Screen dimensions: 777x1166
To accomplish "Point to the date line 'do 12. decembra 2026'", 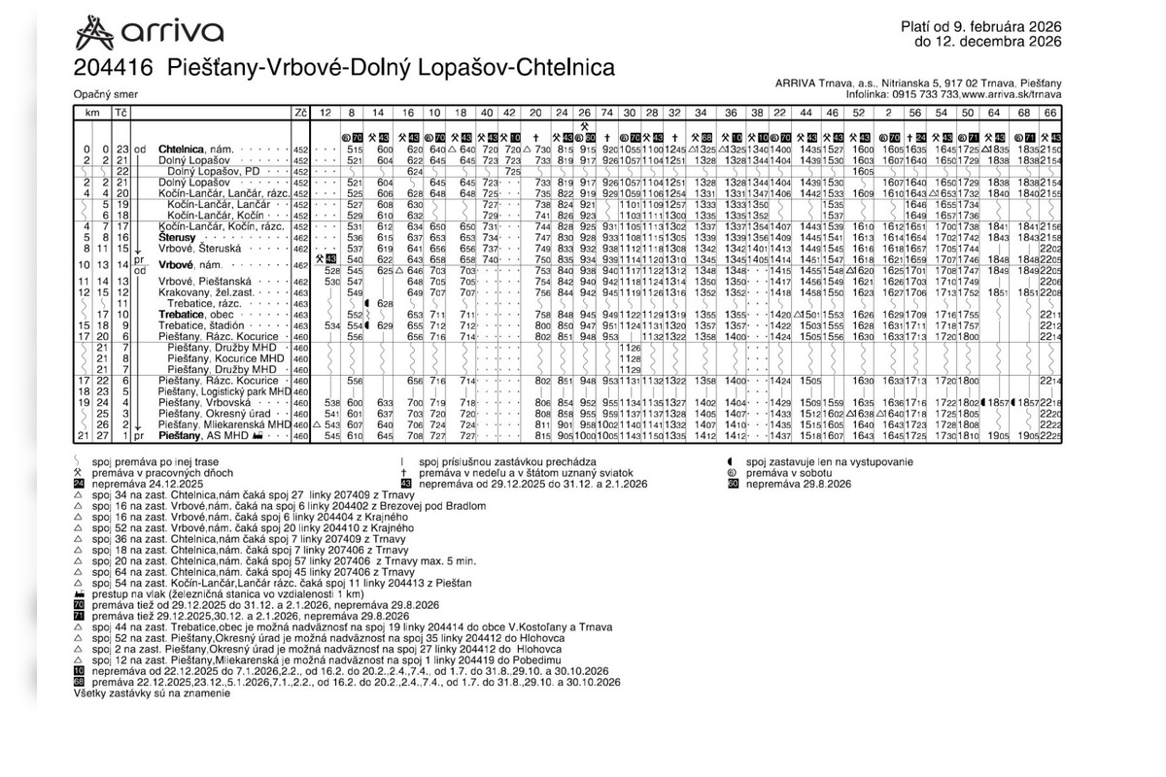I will pos(987,42).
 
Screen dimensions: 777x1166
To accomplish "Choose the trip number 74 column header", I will pos(607,113).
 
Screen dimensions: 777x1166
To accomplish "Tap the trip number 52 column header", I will pos(859,113).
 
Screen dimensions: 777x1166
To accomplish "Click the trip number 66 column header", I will pos(1050,113).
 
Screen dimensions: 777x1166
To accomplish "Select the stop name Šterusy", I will pos(179,237).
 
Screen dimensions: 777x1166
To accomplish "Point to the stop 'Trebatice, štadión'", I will pos(201,325).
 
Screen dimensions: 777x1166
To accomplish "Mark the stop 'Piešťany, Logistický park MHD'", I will pos(224,391).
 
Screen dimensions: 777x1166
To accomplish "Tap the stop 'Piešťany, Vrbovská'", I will pos(201,402).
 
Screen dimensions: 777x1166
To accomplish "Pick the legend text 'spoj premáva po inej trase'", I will pos(154,462).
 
